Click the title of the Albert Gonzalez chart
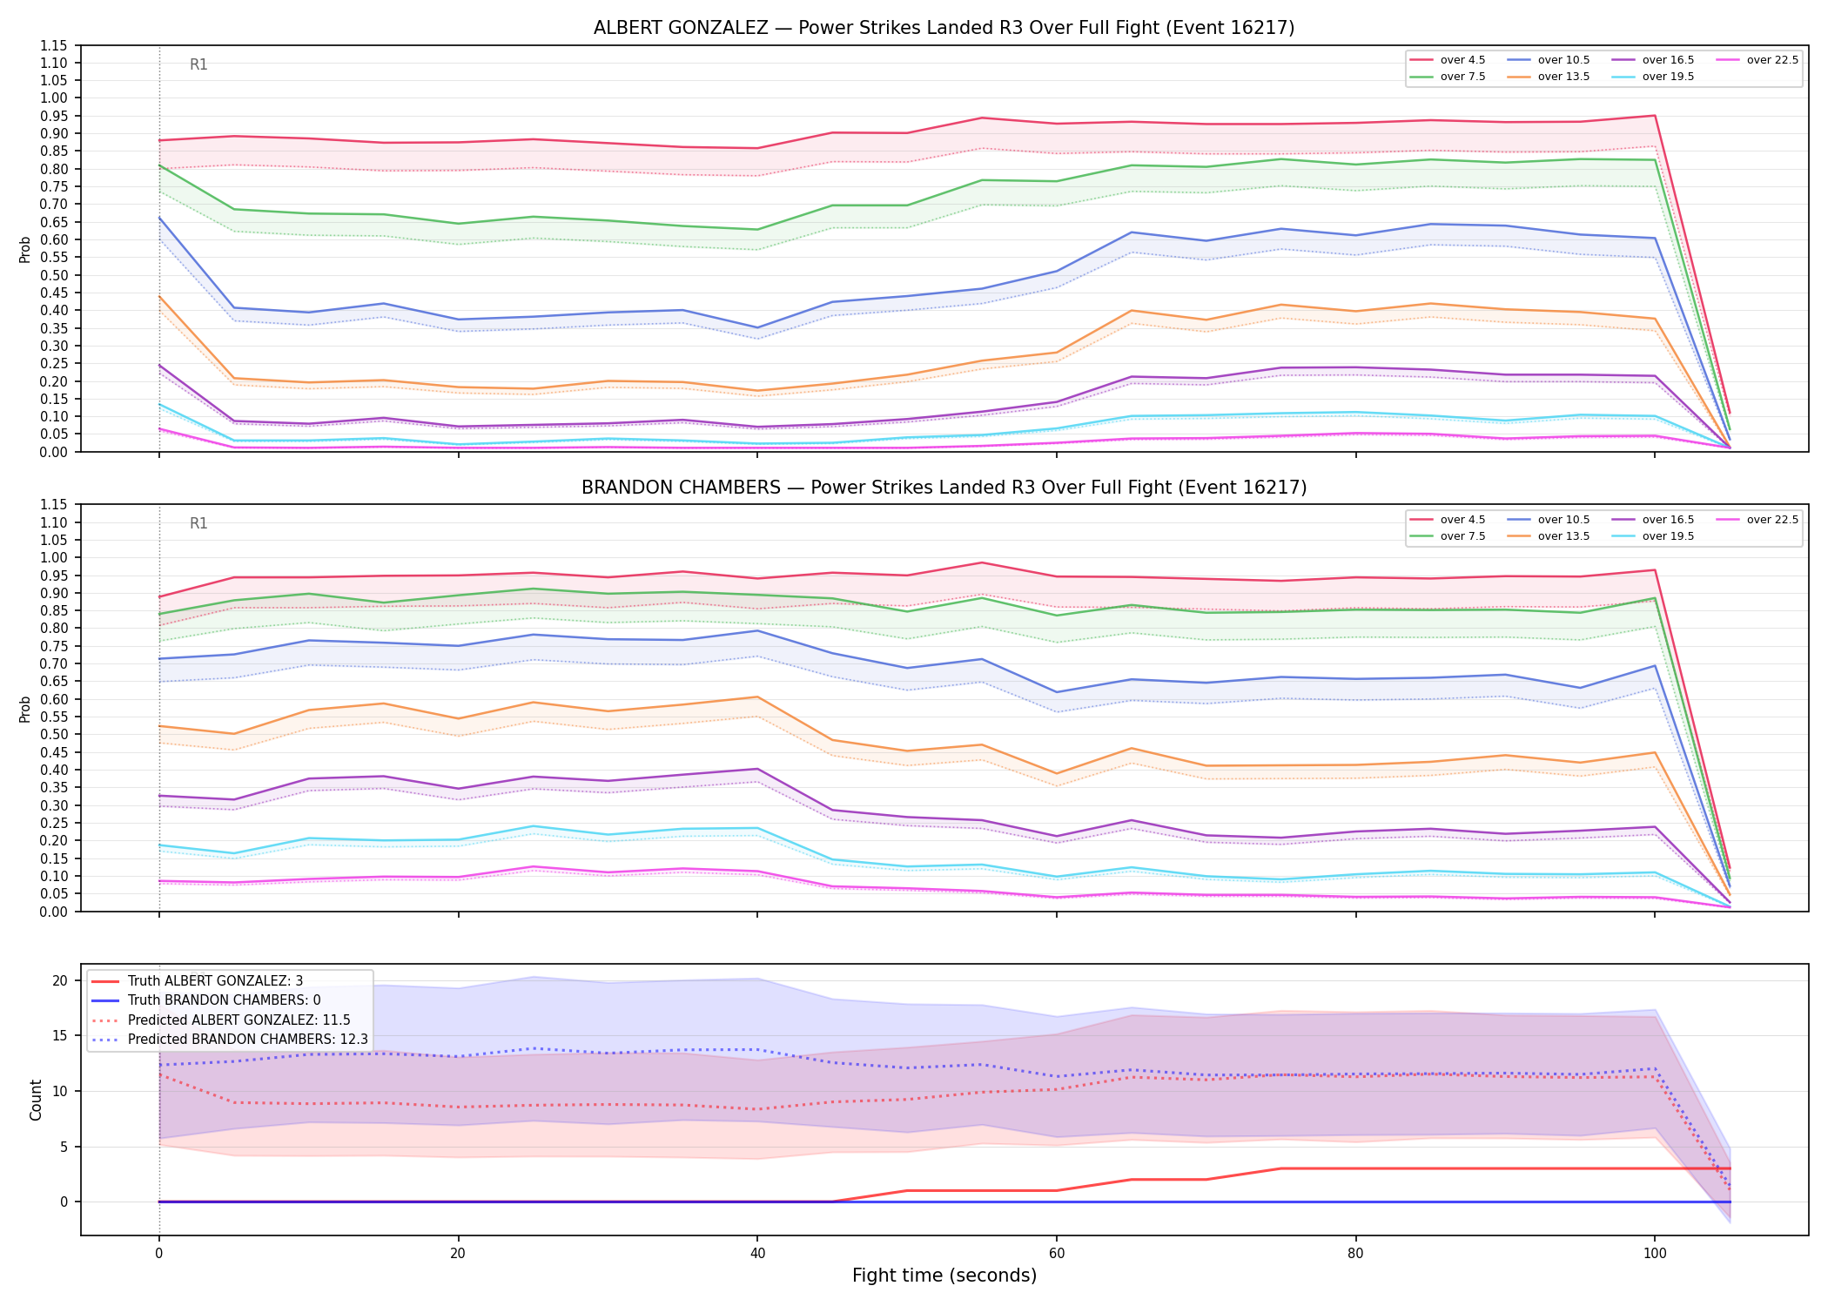click(x=944, y=28)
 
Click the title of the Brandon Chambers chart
click(x=944, y=488)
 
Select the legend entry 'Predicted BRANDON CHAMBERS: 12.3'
click(x=230, y=1040)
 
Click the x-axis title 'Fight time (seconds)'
click(x=944, y=1276)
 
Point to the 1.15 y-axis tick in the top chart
click(x=53, y=45)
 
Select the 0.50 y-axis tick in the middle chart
click(x=53, y=734)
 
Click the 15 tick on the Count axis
click(x=60, y=1036)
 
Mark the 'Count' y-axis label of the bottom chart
click(x=36, y=1100)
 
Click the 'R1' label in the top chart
click(x=198, y=64)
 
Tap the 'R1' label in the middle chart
click(x=198, y=523)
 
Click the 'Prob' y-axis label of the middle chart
click(x=25, y=709)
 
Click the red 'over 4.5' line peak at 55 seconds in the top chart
click(x=981, y=118)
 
